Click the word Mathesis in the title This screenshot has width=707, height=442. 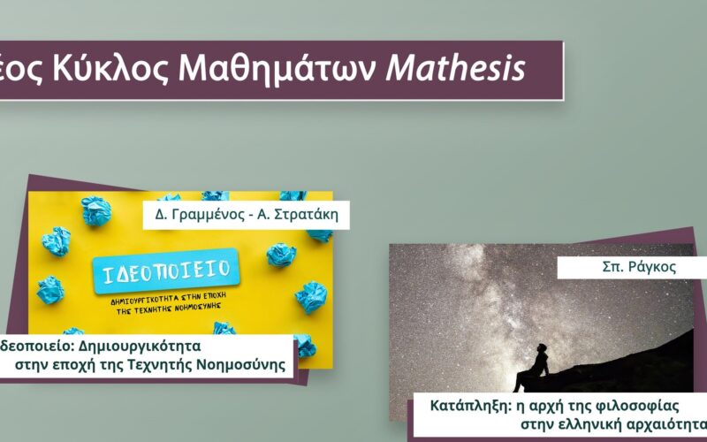tap(455, 68)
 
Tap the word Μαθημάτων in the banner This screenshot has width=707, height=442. tap(277, 70)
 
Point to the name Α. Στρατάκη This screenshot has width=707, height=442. tap(298, 214)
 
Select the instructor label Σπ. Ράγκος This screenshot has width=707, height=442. tap(639, 268)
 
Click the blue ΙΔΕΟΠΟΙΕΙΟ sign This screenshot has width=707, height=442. tap(166, 271)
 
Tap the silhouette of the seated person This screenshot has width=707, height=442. tap(532, 368)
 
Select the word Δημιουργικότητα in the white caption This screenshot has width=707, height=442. tap(140, 347)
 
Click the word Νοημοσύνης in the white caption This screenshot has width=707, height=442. tap(241, 364)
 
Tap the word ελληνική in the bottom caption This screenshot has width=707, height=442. tap(590, 425)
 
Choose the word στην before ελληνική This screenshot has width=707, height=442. tap(538, 425)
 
